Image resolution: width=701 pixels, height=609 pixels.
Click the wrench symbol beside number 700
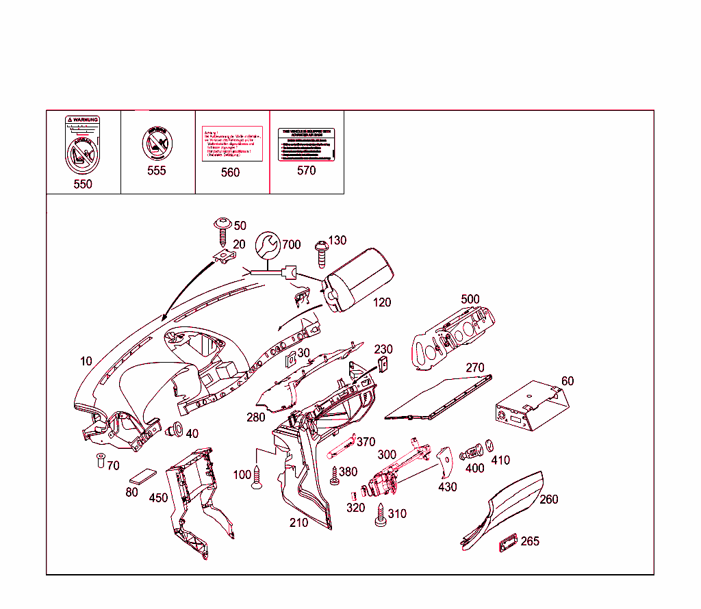click(268, 245)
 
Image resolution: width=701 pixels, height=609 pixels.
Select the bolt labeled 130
click(320, 252)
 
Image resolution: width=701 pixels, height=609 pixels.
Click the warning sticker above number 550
click(82, 144)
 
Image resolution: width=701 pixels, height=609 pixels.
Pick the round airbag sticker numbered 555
click(156, 144)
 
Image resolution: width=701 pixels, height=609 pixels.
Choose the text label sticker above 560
click(230, 144)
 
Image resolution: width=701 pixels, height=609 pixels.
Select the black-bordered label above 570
click(306, 144)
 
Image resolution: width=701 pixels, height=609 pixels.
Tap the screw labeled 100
click(257, 477)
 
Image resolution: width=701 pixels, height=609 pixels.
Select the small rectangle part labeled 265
click(507, 542)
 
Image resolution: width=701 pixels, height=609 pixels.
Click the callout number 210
click(298, 523)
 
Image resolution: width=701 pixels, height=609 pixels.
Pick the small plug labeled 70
click(99, 461)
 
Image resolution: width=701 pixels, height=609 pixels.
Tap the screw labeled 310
click(381, 515)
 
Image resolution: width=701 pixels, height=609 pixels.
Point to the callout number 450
click(158, 497)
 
